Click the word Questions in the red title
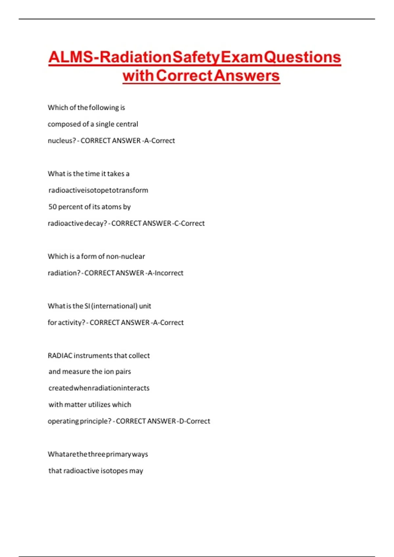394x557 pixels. [302, 57]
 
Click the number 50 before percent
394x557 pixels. [53, 207]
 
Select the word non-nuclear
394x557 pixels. [125, 256]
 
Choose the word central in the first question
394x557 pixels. [127, 124]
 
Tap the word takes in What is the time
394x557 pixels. [116, 174]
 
